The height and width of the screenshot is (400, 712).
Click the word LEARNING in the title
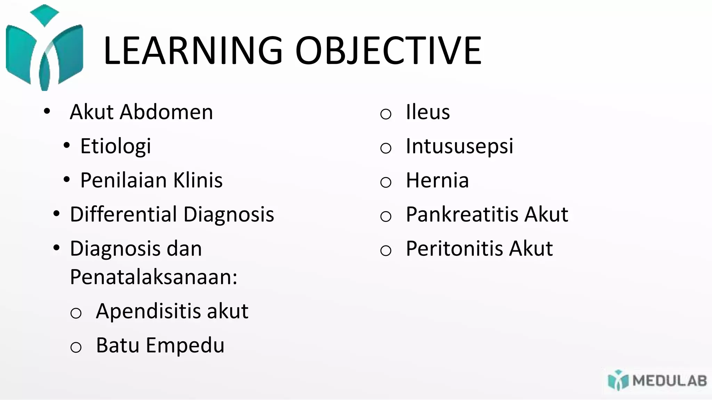[x=193, y=51]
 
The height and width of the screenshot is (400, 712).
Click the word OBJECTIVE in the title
[x=388, y=51]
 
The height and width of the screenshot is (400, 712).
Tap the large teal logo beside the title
[x=44, y=49]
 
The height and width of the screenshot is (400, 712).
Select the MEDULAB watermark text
[x=670, y=381]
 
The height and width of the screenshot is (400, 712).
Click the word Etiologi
[x=116, y=146]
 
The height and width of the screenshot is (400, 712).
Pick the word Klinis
[x=198, y=180]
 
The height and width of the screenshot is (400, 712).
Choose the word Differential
[x=124, y=214]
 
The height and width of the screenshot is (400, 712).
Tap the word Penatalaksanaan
[x=153, y=277]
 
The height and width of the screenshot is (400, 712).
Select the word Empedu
[x=185, y=345]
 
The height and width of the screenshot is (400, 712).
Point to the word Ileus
[x=428, y=112]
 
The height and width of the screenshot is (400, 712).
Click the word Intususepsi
[x=459, y=146]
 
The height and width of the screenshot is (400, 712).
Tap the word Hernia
[x=437, y=180]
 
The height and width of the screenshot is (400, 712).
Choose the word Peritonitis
[x=455, y=249]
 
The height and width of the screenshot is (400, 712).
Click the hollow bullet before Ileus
[x=386, y=114]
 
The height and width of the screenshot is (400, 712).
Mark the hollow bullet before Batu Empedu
[x=76, y=347]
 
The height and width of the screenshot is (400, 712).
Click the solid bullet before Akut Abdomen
[x=47, y=111]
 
